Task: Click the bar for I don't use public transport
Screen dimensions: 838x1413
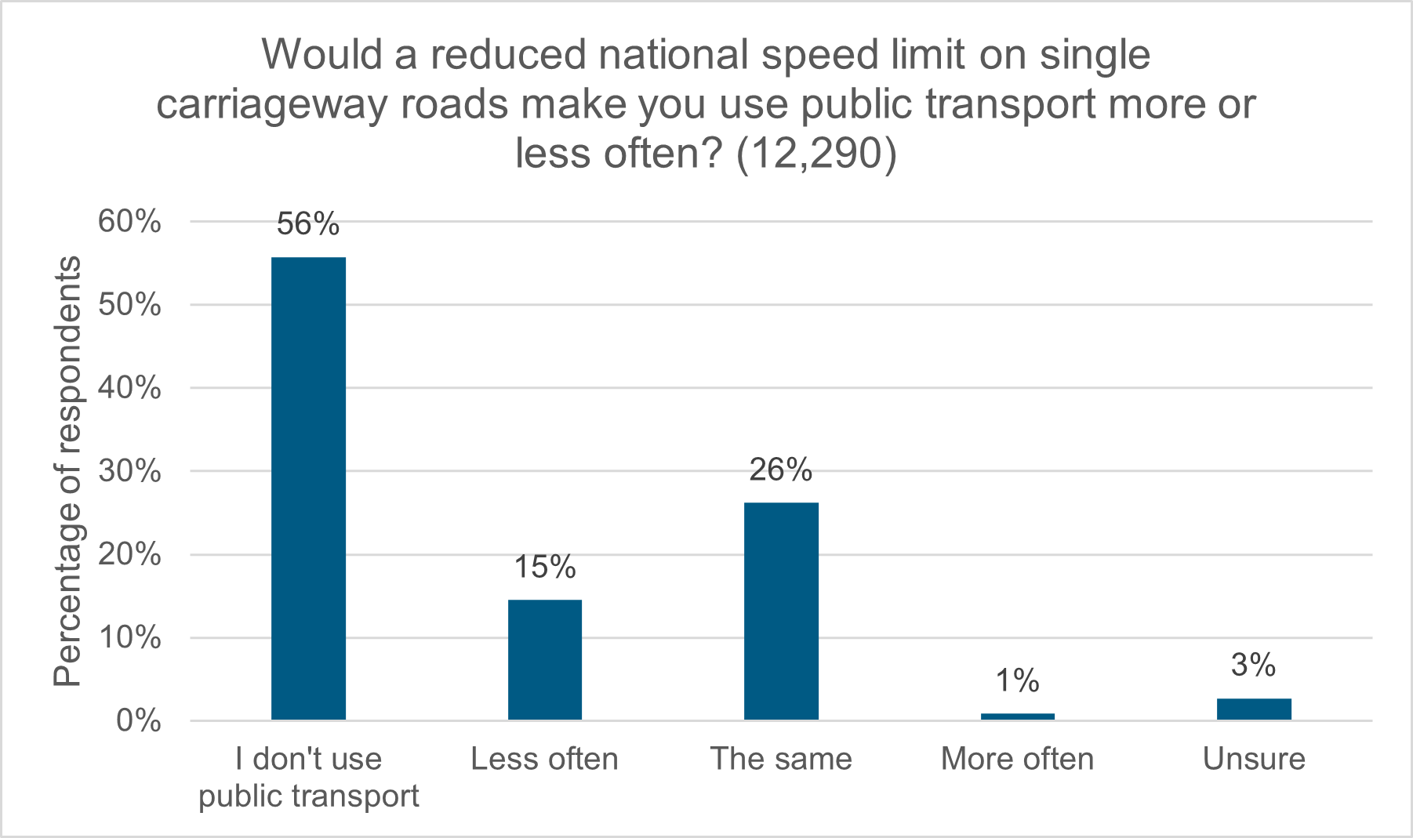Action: (308, 488)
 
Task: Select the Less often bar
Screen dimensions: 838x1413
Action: (545, 659)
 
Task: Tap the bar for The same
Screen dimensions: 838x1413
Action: (781, 611)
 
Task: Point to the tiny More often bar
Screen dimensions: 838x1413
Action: (1017, 716)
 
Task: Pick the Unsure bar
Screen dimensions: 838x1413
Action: (1254, 709)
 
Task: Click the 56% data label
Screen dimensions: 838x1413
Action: (308, 225)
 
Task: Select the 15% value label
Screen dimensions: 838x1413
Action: (545, 567)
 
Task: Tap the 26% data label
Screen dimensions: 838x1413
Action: (781, 470)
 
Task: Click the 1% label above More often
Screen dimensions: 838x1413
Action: (1017, 681)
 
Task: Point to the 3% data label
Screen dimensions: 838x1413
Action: (1254, 666)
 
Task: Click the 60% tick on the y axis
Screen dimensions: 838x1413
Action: (129, 222)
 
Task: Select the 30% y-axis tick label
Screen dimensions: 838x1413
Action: (129, 472)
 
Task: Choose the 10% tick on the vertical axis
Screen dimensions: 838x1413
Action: (129, 638)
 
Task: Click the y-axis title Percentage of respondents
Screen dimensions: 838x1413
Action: (67, 471)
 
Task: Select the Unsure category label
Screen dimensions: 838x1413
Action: (1254, 759)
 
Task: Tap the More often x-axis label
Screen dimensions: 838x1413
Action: (1017, 759)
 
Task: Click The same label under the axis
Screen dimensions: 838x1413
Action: (781, 759)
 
